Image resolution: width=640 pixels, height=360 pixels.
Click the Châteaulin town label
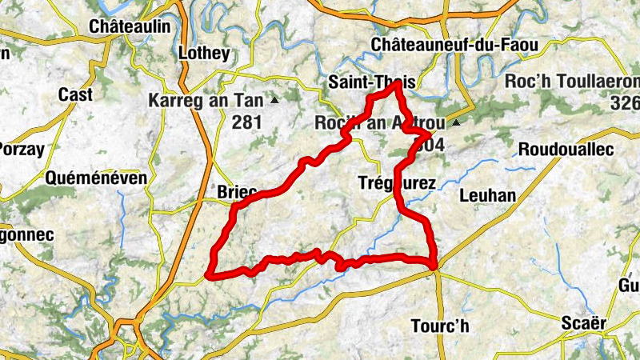(130, 26)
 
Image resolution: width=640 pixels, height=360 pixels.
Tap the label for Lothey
(203, 54)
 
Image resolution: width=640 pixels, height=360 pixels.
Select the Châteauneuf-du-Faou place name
(449, 44)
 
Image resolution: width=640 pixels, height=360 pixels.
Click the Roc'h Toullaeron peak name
(573, 82)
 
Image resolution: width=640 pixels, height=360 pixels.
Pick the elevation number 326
(623, 102)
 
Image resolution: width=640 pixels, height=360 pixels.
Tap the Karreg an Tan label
(206, 101)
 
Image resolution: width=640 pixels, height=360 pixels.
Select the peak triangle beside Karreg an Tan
(275, 101)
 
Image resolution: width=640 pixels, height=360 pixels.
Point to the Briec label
(237, 192)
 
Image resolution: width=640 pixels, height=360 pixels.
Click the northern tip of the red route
(396, 85)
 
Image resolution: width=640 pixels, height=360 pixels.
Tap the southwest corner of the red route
(209, 274)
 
